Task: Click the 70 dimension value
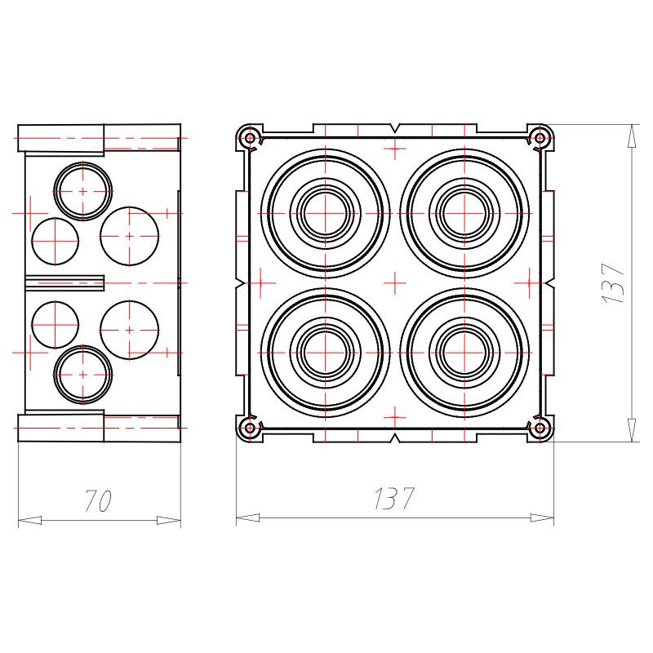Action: click(x=98, y=500)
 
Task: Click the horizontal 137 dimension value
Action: click(x=394, y=498)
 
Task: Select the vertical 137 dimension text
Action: click(x=614, y=282)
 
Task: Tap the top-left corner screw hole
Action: click(x=250, y=137)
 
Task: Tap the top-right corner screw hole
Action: click(x=540, y=137)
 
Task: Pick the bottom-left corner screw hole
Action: click(x=250, y=428)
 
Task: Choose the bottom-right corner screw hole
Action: click(x=540, y=428)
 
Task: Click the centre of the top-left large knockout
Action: click(x=325, y=213)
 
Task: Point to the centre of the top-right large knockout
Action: click(x=464, y=213)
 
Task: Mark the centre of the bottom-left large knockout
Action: click(x=325, y=353)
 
